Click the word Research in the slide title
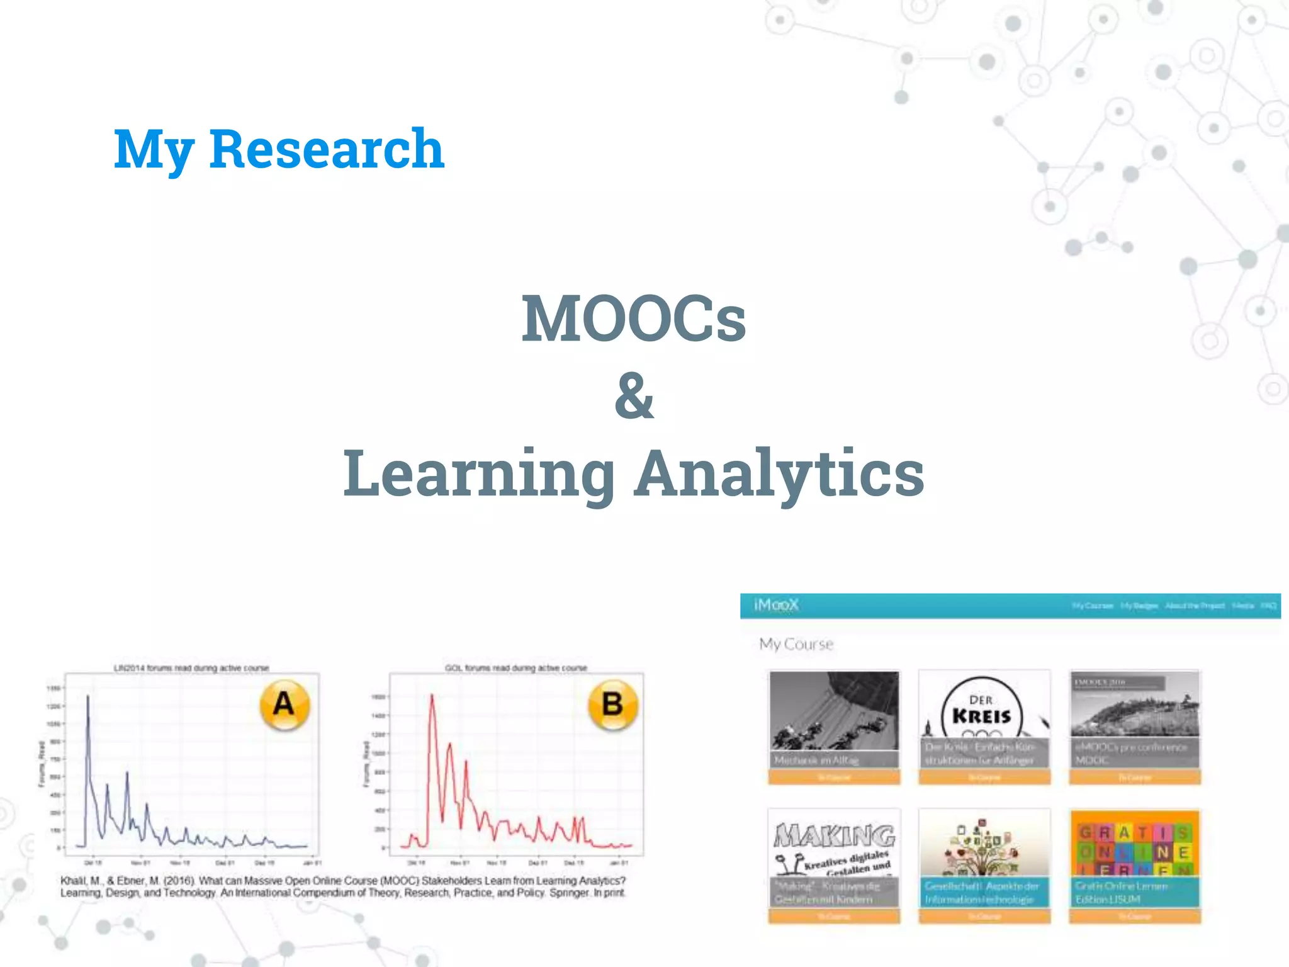click(327, 149)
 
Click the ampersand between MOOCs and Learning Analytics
click(634, 396)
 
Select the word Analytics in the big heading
click(779, 473)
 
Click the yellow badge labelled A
click(284, 704)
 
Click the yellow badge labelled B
click(612, 704)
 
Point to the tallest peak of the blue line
click(87, 697)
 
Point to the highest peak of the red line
click(432, 696)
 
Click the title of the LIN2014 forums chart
click(191, 667)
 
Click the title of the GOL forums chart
click(515, 667)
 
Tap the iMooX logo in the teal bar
click(776, 605)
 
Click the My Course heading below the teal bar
click(796, 644)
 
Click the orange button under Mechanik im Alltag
click(834, 778)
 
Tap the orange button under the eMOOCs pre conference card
click(1135, 778)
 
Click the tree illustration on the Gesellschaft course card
click(984, 847)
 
